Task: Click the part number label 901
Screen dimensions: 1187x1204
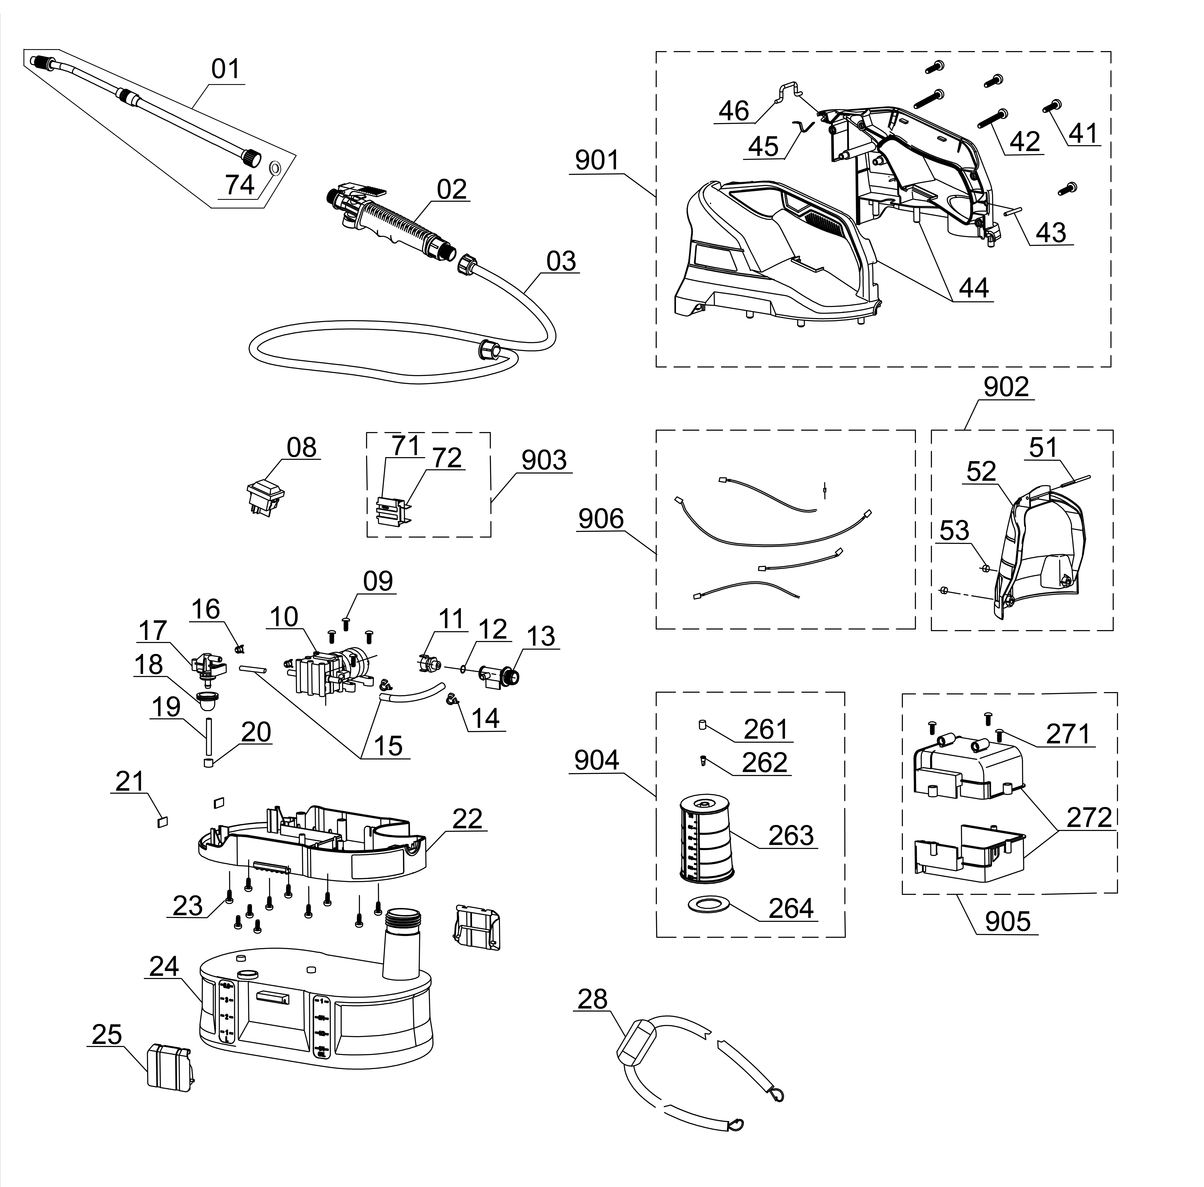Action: pyautogui.click(x=597, y=161)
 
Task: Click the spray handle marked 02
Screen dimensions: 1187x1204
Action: pyautogui.click(x=386, y=221)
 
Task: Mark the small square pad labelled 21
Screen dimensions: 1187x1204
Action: pyautogui.click(x=163, y=822)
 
